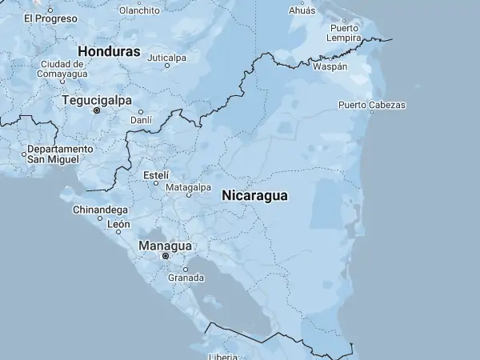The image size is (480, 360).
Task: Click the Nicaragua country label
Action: tap(254, 195)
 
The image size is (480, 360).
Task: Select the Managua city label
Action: tap(166, 246)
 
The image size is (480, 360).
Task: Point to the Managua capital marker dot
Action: tap(166, 256)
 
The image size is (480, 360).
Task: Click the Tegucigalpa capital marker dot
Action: tap(97, 110)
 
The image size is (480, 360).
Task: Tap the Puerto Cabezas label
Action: tap(371, 105)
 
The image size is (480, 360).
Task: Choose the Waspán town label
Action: tap(331, 66)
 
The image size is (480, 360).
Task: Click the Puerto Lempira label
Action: tap(344, 33)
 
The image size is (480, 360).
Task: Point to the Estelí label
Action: tap(155, 174)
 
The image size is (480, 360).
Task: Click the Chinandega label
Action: tap(100, 210)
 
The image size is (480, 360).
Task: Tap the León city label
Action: tap(118, 225)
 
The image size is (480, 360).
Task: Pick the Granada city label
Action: tap(186, 278)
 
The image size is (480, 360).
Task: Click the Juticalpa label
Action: tap(166, 58)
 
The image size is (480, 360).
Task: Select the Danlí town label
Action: tap(141, 119)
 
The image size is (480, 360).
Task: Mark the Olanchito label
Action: tap(139, 10)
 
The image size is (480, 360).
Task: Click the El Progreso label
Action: tap(50, 18)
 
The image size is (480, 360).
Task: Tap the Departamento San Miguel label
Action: tap(60, 154)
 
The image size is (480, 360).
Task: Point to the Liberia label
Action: tap(223, 356)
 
